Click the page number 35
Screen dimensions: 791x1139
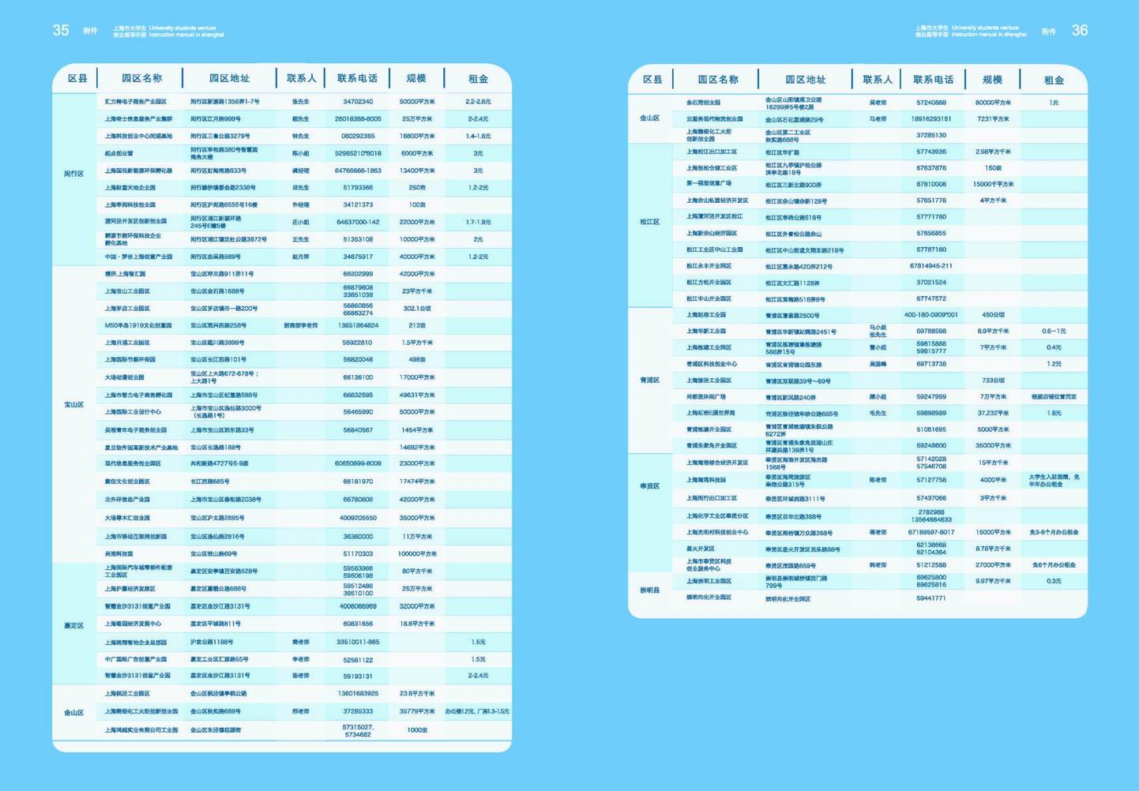(61, 30)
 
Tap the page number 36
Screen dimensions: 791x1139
(1079, 30)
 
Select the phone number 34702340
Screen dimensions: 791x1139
(358, 102)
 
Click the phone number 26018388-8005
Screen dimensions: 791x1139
(358, 119)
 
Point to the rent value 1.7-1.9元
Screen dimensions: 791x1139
(478, 222)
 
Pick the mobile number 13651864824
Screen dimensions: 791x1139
(358, 325)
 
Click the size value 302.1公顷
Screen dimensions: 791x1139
(416, 309)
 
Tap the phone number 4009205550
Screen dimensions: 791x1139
(358, 518)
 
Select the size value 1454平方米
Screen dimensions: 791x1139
(416, 430)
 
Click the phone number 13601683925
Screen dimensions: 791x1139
(358, 693)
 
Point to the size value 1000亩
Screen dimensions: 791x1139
(416, 730)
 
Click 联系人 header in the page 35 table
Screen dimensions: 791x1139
(301, 78)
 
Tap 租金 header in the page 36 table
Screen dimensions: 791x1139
(1054, 80)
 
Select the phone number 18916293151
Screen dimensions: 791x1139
(931, 119)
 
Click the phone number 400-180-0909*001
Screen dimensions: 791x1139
(931, 315)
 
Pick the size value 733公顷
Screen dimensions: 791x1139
(993, 381)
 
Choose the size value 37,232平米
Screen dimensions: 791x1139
(993, 413)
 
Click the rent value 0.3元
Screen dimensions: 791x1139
(1054, 581)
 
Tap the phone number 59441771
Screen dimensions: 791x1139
(931, 598)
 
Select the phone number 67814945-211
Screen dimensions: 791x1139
(931, 266)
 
